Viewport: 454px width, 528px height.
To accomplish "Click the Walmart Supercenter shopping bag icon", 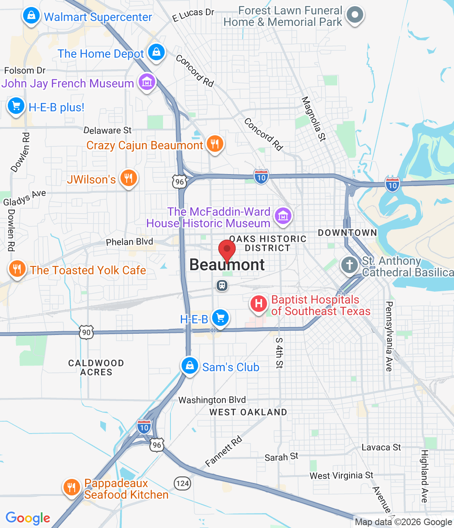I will coord(31,16).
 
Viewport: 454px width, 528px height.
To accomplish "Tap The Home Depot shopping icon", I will coord(156,52).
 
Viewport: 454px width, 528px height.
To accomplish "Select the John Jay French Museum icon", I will coord(147,82).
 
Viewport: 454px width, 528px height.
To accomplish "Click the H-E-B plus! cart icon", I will coord(16,106).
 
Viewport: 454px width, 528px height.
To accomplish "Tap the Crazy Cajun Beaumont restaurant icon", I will coord(215,144).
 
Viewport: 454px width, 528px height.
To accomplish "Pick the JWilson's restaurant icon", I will coord(128,178).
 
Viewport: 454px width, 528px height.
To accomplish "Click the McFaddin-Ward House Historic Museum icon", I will coord(283,216).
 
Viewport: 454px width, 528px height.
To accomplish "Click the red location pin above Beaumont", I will coord(227,250).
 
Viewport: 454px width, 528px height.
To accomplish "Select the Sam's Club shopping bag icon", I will coord(189,365).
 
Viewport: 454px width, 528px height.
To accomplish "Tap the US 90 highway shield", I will coord(86,332).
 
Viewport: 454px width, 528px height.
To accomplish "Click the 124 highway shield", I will coord(182,483).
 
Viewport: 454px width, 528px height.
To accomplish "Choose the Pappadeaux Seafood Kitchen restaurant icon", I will coord(71,488).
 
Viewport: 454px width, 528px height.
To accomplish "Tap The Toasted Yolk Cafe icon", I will coord(17,269).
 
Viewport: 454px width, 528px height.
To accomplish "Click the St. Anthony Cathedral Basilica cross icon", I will coord(350,264).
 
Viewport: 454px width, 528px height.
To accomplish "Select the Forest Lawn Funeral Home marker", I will coord(355,15).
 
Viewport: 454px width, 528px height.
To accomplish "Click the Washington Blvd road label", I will coord(212,400).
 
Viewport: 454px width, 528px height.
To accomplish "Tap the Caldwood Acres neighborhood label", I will coord(96,368).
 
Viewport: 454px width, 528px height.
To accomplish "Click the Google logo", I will coord(28,518).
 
